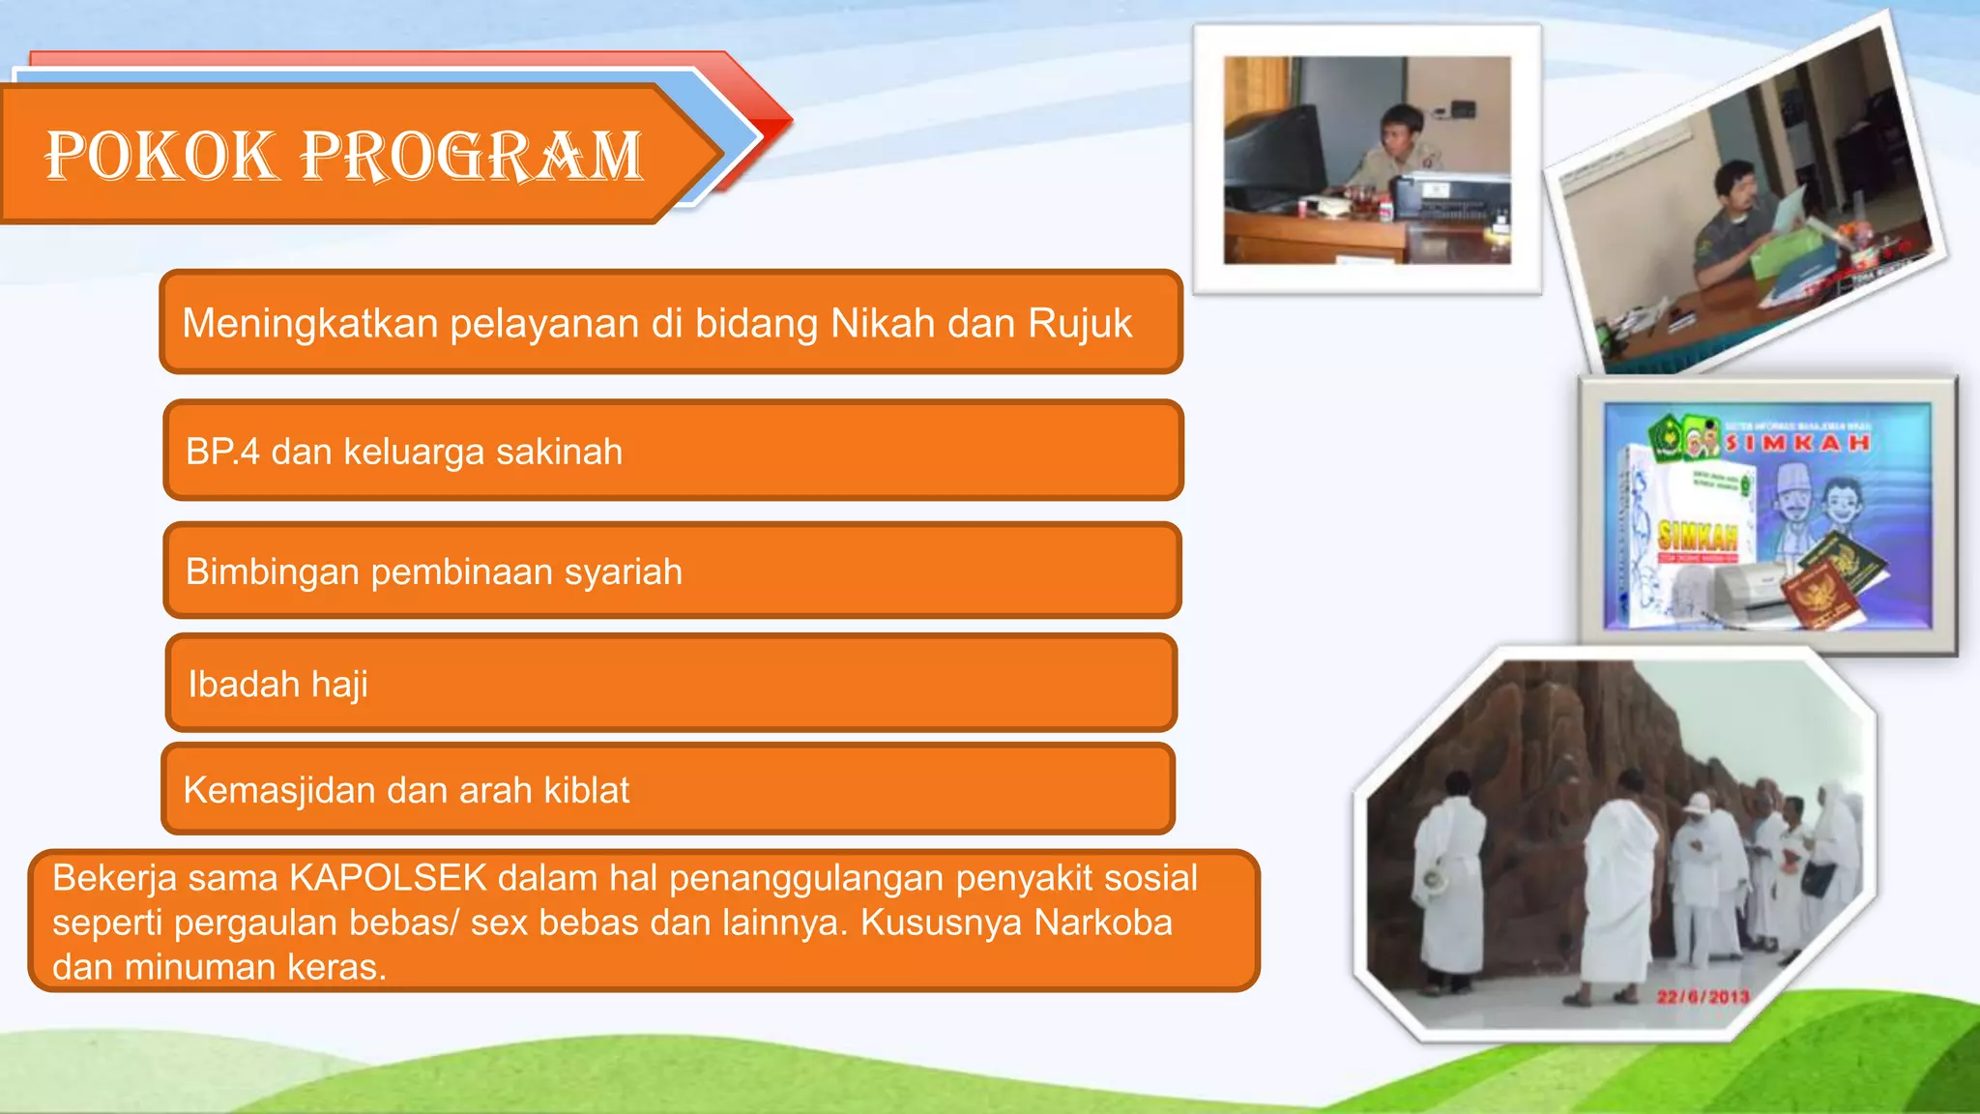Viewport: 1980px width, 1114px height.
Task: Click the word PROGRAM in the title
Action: [x=471, y=156]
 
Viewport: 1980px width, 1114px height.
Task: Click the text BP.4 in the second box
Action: [x=222, y=452]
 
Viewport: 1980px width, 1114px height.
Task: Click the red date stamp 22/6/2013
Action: [x=1703, y=997]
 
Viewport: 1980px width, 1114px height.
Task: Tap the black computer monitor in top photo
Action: [x=1274, y=160]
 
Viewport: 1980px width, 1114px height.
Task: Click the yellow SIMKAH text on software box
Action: [x=1698, y=535]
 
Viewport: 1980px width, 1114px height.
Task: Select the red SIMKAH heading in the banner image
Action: [x=1797, y=443]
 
